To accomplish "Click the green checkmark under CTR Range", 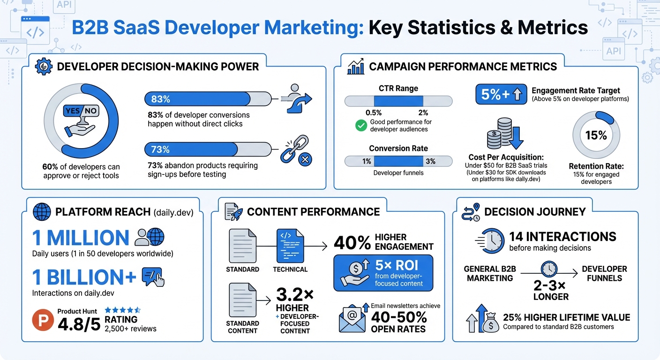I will (x=361, y=125).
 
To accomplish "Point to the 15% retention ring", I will (x=596, y=135).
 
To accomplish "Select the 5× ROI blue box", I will (x=383, y=273).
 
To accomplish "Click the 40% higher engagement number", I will (x=352, y=242).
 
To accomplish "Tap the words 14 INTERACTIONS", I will (x=562, y=236).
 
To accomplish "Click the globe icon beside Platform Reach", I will (x=42, y=212).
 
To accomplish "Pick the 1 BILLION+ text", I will (x=84, y=277).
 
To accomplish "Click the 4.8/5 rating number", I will (x=79, y=323).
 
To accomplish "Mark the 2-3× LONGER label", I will (x=550, y=291).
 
